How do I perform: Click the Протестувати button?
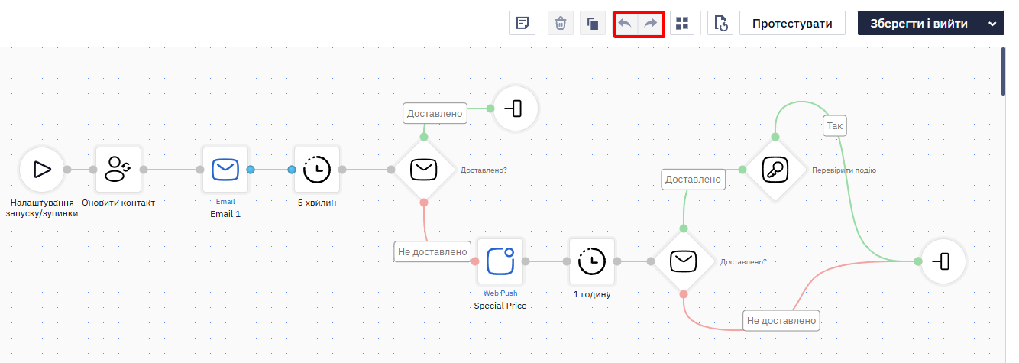792,23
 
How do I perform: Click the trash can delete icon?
561,23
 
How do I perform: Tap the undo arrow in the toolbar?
626,23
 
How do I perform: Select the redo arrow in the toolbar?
651,23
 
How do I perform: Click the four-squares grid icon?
682,23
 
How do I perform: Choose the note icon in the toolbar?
522,23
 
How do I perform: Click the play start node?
42,170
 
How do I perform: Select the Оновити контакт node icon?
118,170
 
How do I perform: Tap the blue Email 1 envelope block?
225,170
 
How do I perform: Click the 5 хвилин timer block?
317,170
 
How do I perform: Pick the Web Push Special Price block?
500,261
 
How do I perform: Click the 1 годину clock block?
592,261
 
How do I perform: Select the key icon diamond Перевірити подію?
775,170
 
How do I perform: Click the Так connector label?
834,126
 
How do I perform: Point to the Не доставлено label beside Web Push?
432,251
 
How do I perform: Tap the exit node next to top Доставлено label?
515,109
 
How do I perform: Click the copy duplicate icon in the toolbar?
592,23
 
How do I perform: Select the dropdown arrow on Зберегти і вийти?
992,24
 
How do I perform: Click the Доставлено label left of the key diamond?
693,180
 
